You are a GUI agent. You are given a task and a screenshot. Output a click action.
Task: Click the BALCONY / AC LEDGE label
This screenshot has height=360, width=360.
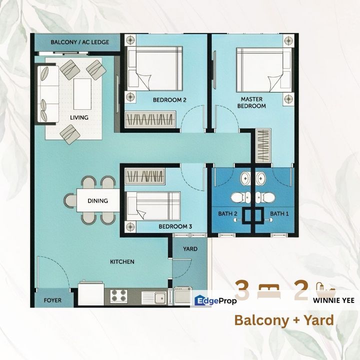point(80,42)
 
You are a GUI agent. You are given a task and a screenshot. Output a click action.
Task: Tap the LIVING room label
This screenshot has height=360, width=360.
point(79,117)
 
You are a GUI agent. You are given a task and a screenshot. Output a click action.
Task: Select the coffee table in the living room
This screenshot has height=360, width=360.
point(82,94)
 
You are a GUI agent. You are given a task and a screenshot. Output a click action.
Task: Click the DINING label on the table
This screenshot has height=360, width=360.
point(98,201)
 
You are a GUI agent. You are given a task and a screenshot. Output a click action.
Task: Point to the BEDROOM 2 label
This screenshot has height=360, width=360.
point(169,100)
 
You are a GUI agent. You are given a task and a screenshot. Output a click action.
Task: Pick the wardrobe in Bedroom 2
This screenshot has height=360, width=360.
point(150,119)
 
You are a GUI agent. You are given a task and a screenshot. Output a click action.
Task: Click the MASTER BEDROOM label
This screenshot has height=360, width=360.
point(251,102)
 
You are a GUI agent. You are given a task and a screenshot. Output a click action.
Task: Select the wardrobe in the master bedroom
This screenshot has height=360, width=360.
point(263,146)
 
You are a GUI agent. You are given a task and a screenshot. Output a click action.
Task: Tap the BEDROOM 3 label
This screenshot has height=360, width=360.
point(175,226)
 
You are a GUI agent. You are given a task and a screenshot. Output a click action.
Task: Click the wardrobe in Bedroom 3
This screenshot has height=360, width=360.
point(145,176)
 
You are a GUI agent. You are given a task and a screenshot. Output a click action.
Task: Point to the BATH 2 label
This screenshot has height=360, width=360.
point(227,214)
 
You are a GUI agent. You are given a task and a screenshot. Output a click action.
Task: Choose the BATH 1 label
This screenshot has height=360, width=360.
point(279,214)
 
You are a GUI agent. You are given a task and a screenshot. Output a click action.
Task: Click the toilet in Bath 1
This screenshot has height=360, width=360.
point(265,197)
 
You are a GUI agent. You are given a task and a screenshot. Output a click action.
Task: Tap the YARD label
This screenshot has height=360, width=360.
point(190,249)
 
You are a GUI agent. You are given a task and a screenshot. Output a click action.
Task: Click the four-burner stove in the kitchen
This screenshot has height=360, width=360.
point(119,295)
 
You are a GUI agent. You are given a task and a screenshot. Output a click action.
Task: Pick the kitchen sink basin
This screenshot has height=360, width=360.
point(160,298)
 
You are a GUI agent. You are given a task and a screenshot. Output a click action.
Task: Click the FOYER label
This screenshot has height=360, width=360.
point(52,300)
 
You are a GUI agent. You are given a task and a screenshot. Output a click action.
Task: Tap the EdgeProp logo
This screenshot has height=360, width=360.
point(215,300)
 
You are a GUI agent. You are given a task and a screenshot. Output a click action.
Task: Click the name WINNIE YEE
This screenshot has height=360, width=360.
point(333,300)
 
